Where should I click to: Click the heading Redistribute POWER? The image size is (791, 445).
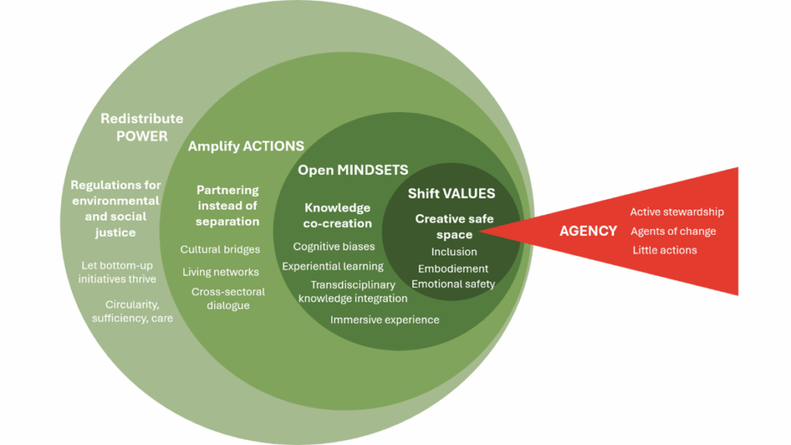(x=141, y=127)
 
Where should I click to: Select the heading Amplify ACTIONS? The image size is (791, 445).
(x=246, y=146)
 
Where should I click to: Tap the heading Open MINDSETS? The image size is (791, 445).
(x=353, y=170)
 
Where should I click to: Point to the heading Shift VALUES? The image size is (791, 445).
(x=451, y=194)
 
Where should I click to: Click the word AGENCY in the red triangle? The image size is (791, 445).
(x=588, y=231)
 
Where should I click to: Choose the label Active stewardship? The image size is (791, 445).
(x=677, y=212)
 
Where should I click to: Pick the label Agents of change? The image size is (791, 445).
(x=673, y=231)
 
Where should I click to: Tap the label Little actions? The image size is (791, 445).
(x=664, y=250)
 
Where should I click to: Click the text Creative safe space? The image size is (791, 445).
(x=453, y=226)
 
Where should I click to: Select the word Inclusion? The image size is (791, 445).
(x=453, y=252)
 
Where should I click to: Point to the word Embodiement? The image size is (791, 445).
(x=453, y=269)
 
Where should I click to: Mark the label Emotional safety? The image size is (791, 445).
(x=453, y=284)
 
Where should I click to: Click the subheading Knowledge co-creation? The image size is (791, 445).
(x=338, y=216)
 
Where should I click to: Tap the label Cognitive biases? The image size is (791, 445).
(x=334, y=246)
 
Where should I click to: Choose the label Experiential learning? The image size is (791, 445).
(x=332, y=267)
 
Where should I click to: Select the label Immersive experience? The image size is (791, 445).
(x=385, y=320)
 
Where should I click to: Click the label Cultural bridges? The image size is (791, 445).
(x=220, y=250)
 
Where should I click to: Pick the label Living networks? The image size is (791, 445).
(x=220, y=272)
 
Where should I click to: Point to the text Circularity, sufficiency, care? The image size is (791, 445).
(x=132, y=311)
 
